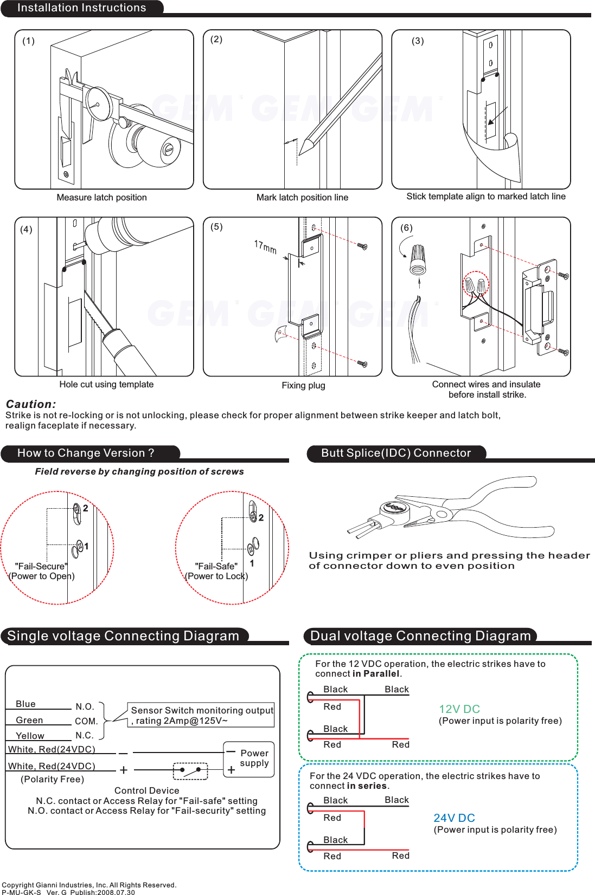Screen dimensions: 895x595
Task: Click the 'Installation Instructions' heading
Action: (81, 8)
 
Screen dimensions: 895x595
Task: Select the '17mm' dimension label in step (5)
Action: (265, 247)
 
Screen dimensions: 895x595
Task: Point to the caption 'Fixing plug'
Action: (303, 385)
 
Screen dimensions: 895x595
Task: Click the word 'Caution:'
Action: (31, 404)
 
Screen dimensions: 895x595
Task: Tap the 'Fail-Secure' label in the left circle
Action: (41, 566)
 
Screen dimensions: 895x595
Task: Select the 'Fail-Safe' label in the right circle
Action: (216, 566)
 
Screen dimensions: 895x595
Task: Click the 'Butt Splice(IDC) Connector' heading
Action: (396, 453)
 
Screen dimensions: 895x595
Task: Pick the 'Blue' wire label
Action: (25, 704)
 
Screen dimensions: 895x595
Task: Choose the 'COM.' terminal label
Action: (86, 721)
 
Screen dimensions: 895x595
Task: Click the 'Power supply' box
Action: (249, 760)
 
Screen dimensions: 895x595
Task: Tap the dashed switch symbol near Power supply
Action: (190, 770)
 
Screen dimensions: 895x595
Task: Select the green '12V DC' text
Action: (459, 709)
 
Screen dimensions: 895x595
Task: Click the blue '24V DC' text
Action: (454, 818)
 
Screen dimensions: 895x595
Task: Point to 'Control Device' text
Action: (146, 790)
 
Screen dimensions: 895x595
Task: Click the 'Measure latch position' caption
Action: (101, 197)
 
